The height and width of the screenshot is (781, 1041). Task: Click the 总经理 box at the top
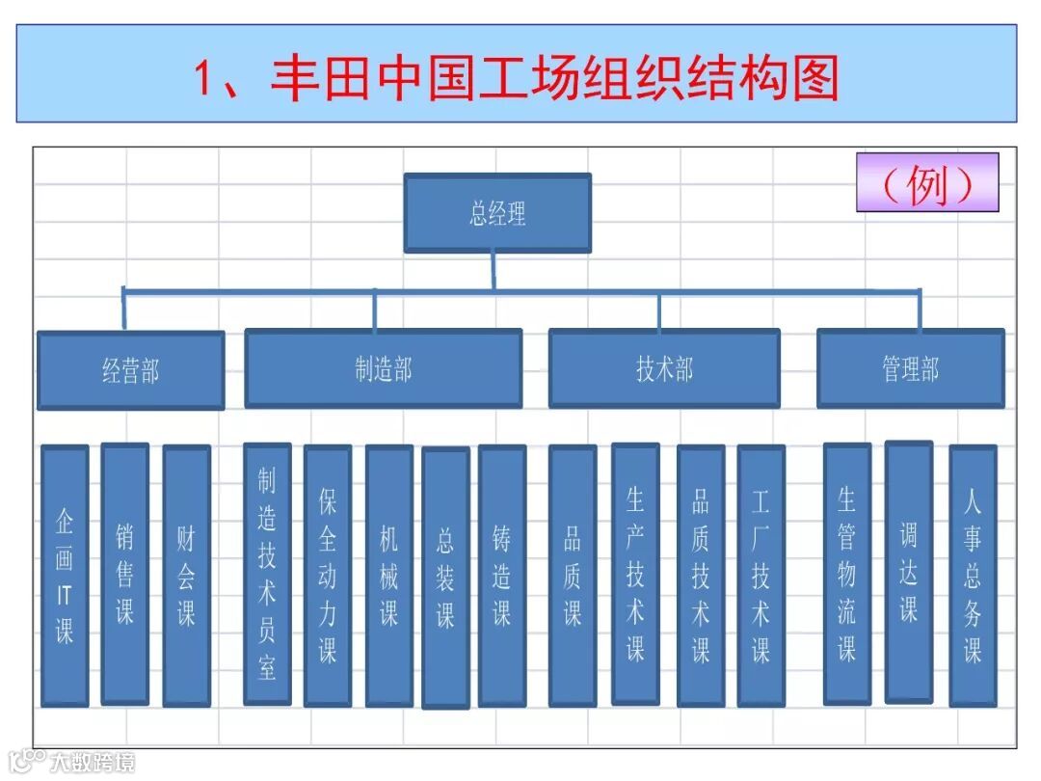coord(496,213)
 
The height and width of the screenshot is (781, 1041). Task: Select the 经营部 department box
coord(130,370)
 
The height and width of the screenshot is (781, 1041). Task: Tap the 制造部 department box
coord(383,368)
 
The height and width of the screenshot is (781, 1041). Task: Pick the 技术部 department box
coord(664,368)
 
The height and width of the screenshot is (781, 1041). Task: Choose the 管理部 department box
coord(910,368)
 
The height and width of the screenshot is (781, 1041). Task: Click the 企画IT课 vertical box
coord(65,576)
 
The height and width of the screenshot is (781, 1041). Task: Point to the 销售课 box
coord(125,574)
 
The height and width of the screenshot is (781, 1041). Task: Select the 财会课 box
coord(186,576)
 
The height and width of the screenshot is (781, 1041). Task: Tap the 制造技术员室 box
coord(267,574)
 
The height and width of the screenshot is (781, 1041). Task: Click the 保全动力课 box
coord(328,576)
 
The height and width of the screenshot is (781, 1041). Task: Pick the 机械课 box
coord(388,576)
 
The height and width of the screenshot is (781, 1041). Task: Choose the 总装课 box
coord(445,578)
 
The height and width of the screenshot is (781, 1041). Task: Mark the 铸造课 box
coord(502,576)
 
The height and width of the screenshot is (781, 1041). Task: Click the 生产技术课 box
coord(635,574)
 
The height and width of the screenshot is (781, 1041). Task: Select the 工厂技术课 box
coord(761,576)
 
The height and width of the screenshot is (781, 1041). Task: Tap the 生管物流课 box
coord(847,574)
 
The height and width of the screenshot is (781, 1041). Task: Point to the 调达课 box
coord(909,572)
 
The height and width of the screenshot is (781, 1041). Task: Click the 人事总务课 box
coord(973,576)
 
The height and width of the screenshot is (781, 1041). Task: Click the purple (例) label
coord(927,182)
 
